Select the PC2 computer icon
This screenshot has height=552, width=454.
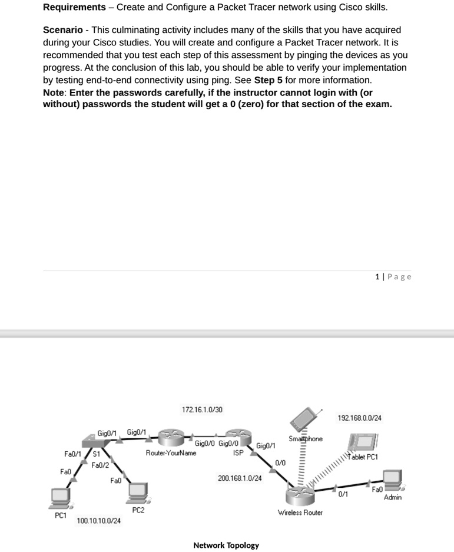click(x=138, y=492)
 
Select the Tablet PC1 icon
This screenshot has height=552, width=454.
click(x=363, y=442)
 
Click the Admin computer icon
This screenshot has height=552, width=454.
click(x=392, y=480)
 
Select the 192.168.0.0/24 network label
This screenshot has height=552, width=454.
click(x=359, y=418)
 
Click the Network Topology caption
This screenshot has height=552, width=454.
click(x=226, y=545)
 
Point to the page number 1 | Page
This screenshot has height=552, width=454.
click(x=393, y=276)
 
